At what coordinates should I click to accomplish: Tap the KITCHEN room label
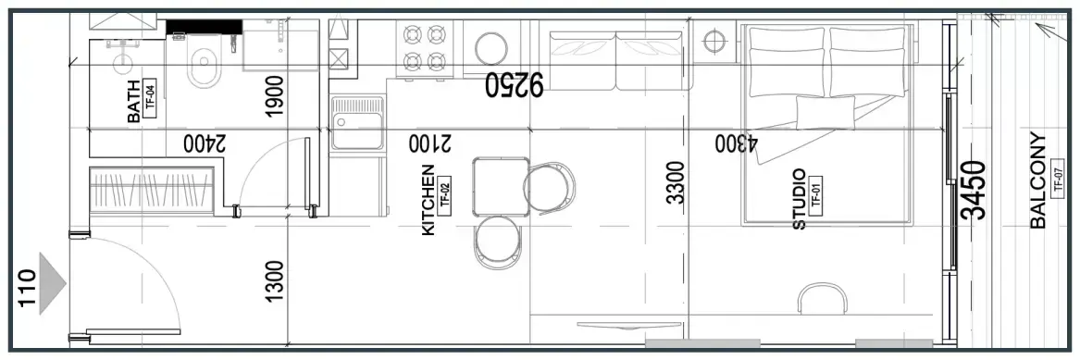coord(428,200)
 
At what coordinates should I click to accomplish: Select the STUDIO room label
coord(799,199)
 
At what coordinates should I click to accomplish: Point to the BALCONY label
coord(1038,180)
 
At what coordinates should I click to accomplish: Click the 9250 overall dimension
coord(515,84)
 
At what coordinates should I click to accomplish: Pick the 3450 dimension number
coord(974,190)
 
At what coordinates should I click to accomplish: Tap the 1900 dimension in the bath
coord(274,96)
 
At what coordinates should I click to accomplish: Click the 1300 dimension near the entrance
coord(274,280)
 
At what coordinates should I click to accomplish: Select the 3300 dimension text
coord(676,182)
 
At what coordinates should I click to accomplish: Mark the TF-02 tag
coord(444,194)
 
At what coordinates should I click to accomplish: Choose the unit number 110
coord(27,289)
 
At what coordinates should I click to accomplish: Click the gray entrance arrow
coord(53,283)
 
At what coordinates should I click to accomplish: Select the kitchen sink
coord(357,123)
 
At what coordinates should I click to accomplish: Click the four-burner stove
coord(424,47)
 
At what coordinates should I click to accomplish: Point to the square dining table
coord(501,186)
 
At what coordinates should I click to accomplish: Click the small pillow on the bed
coord(826,112)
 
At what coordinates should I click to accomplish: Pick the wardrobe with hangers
coord(152,190)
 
